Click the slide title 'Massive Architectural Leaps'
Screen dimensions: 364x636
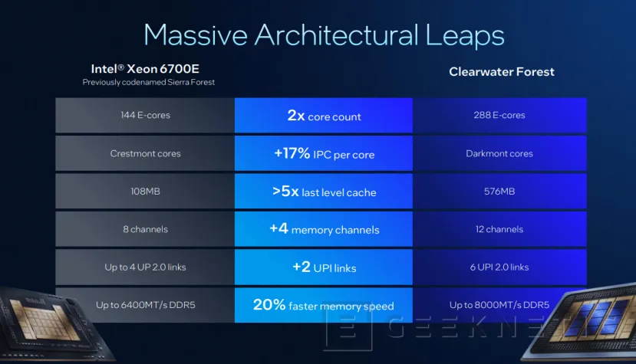coord(323,35)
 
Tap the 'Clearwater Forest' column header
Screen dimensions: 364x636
coord(501,72)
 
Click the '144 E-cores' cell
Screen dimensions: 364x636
coord(145,116)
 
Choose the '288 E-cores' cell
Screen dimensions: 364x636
coord(499,116)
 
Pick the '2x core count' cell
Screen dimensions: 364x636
coord(323,116)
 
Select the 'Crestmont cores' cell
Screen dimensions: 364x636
coord(145,153)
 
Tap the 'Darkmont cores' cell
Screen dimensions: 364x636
coord(499,153)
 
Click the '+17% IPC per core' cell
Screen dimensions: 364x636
coord(323,154)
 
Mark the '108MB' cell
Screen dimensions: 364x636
coord(145,191)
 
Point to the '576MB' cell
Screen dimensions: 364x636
coord(499,191)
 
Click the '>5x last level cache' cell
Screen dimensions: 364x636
coord(323,192)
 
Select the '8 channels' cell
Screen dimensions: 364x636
coord(145,229)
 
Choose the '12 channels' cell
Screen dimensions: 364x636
coord(499,229)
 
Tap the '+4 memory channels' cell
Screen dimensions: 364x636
coord(323,229)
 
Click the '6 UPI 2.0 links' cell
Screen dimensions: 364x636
coord(499,267)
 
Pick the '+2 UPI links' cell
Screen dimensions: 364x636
coord(323,267)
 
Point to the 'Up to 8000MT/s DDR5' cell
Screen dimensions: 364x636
coord(499,305)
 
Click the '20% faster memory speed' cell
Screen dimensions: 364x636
coord(323,305)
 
